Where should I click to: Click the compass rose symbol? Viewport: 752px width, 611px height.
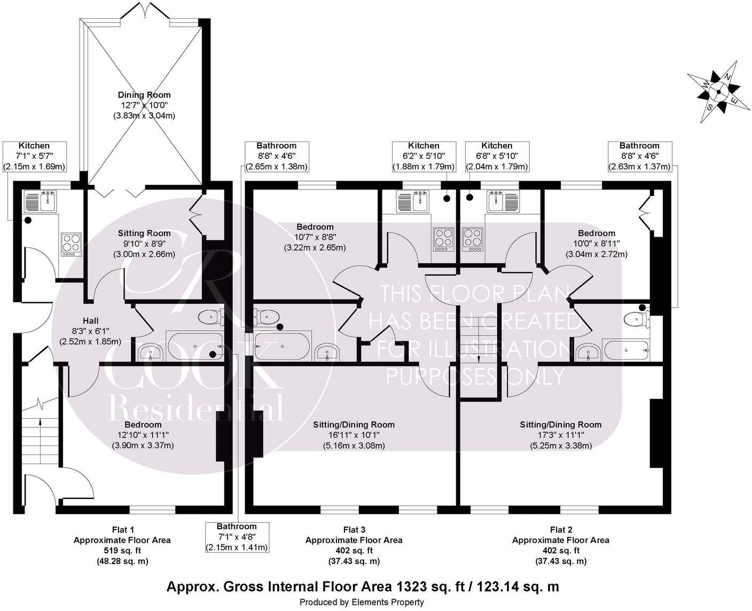tap(718, 92)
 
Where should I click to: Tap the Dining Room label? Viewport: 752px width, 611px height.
tap(144, 95)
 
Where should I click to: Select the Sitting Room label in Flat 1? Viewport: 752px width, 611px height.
tap(144, 233)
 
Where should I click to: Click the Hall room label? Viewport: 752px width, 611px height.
tap(90, 321)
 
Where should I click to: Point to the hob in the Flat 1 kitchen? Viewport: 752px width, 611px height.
tap(72, 244)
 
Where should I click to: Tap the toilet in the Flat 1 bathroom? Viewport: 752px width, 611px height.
tap(211, 317)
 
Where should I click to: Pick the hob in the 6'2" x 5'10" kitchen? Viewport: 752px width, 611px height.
tap(443, 240)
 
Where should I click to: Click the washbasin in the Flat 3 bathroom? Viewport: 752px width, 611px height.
tap(328, 352)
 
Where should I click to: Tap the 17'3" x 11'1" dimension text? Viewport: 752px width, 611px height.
tap(561, 435)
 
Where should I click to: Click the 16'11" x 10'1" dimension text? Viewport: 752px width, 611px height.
tap(354, 435)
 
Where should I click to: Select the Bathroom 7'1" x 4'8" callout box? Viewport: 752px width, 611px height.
tap(237, 537)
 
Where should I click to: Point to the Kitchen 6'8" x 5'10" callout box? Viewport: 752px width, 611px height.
tap(497, 156)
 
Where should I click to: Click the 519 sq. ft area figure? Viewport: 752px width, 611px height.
tap(122, 550)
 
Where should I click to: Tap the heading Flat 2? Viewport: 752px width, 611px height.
tap(561, 529)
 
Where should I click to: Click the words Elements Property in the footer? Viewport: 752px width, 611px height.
tap(387, 602)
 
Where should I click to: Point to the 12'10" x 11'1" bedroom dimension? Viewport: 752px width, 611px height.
tap(143, 435)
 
